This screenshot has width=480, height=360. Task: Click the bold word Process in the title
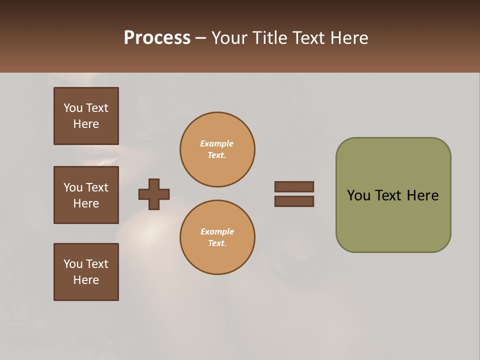157,38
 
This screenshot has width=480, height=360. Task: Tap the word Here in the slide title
347,38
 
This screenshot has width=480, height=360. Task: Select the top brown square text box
86,116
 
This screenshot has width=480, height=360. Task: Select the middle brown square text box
86,195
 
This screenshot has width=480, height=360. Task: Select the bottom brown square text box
86,272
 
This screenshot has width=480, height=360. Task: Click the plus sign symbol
154,194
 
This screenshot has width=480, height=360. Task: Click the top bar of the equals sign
294,186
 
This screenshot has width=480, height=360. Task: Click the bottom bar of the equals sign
294,201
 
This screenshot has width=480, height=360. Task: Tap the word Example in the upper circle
217,143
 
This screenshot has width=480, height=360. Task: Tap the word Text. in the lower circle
217,243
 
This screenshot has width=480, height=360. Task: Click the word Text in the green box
389,195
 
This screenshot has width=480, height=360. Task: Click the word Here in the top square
86,124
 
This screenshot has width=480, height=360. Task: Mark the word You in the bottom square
73,264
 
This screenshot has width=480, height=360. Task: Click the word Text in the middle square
97,187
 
